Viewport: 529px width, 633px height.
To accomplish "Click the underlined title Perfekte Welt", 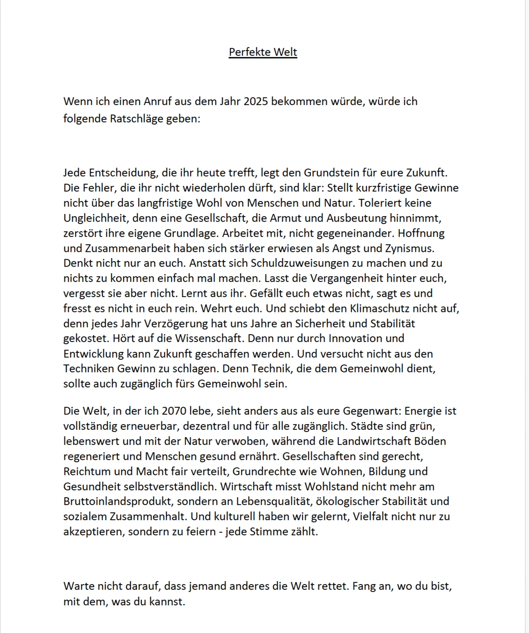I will pyautogui.click(x=263, y=52).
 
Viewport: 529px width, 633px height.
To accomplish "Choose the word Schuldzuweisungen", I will pyautogui.click(x=300, y=263).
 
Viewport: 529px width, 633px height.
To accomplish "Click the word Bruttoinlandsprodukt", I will pyautogui.click(x=118, y=501).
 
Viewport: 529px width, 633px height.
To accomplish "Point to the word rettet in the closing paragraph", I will pyautogui.click(x=333, y=586).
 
